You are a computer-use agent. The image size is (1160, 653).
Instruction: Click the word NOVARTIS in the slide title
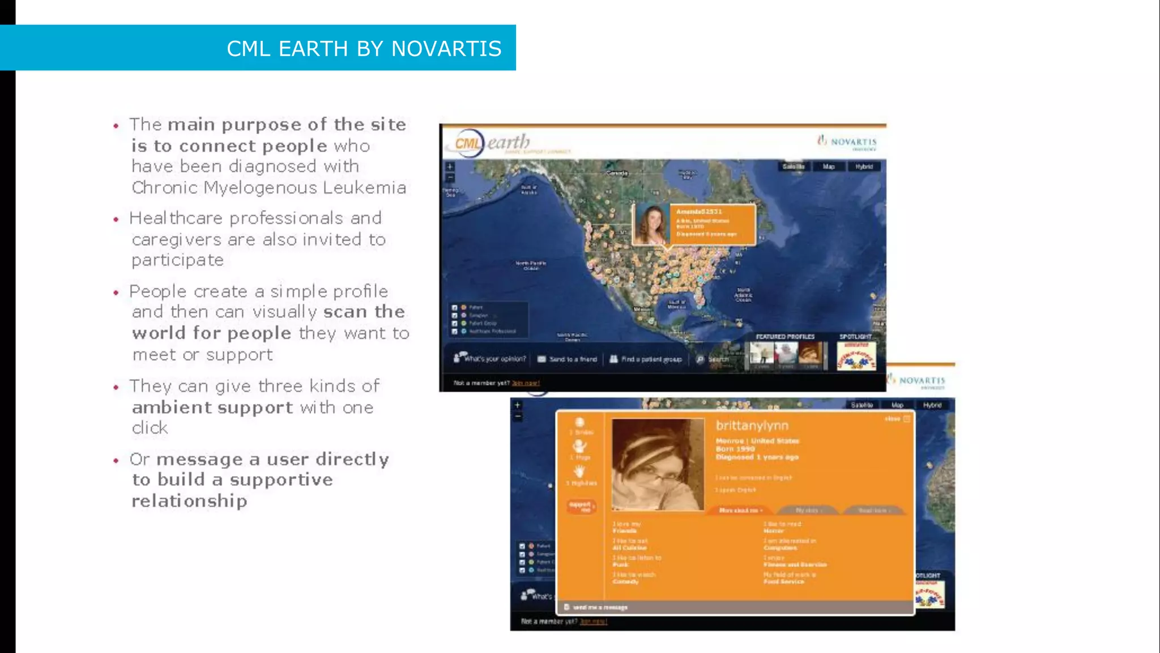[446, 49]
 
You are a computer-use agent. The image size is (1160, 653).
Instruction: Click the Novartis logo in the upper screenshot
[847, 142]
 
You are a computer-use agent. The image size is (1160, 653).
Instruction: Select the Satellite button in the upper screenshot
[793, 167]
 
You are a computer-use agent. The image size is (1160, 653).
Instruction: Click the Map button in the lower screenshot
[897, 405]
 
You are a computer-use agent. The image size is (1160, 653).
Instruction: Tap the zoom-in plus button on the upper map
[450, 167]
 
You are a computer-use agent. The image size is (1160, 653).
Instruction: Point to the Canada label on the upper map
[617, 173]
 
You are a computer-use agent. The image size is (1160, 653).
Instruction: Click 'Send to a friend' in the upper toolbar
[568, 359]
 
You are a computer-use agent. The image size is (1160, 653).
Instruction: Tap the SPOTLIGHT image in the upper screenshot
[856, 356]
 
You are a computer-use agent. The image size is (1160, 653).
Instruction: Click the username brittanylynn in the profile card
[752, 426]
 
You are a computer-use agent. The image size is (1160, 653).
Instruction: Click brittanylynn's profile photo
[658, 465]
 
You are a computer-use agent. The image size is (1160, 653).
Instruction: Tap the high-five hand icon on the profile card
[579, 472]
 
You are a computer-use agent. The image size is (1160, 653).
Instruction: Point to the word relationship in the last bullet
[189, 501]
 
